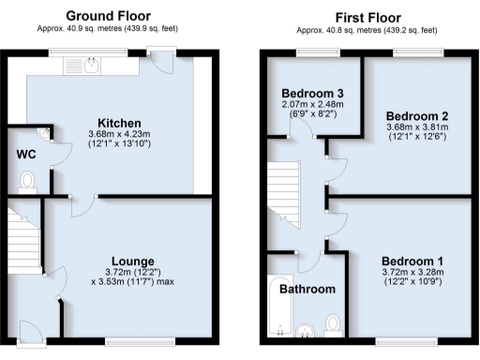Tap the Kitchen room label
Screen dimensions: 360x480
pos(121,123)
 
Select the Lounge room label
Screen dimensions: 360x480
pos(133,260)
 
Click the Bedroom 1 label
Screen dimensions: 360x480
pos(412,260)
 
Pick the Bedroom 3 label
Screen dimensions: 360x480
pos(313,93)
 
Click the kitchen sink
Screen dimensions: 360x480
pos(92,65)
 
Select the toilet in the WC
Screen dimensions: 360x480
pos(26,180)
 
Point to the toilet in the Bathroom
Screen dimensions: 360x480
pos(332,324)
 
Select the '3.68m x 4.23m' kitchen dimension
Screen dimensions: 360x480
pos(121,135)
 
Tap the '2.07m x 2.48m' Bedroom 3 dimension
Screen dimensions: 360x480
pos(313,105)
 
